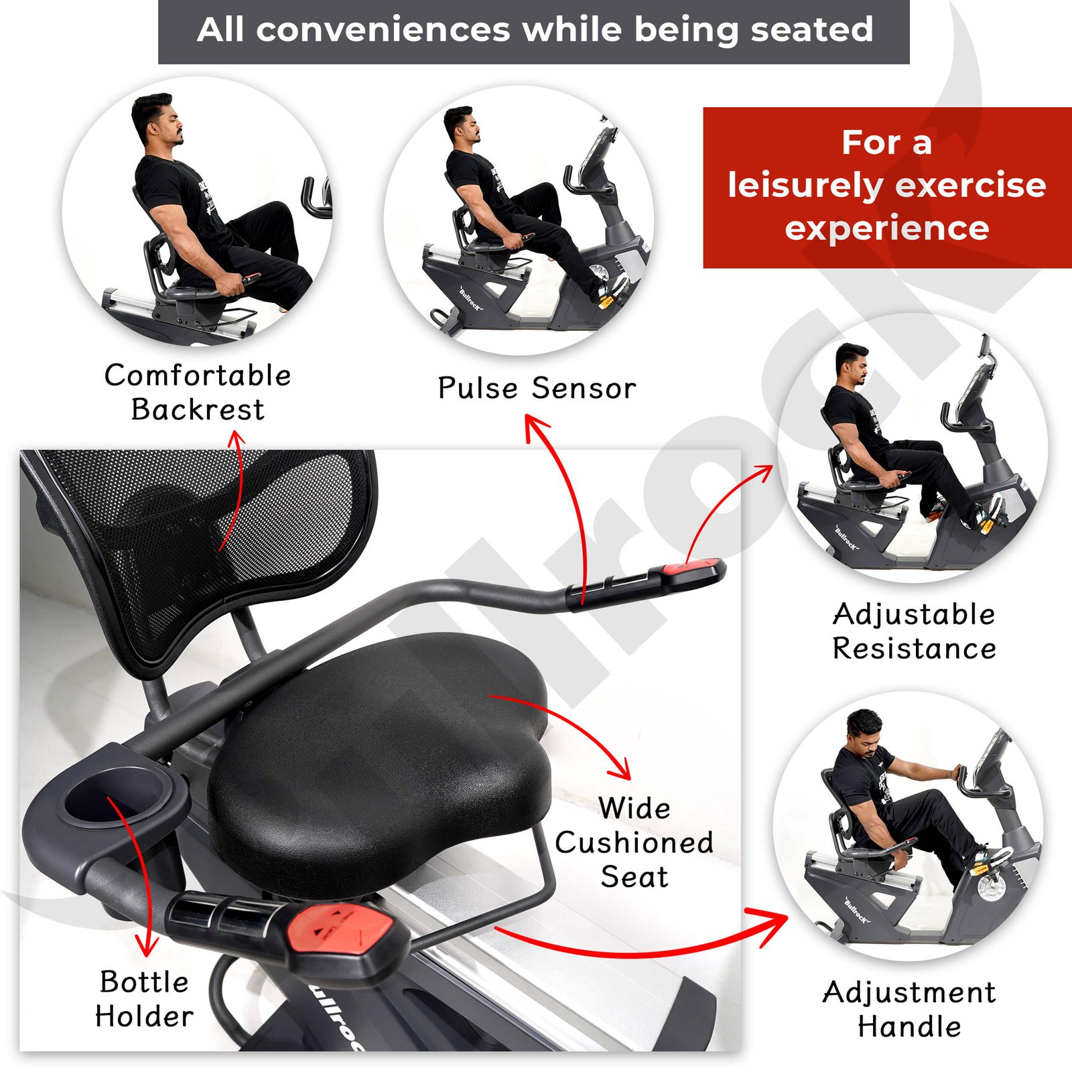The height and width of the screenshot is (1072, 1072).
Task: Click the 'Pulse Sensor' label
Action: click(x=537, y=388)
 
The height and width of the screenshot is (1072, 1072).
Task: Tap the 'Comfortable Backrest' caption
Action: click(x=198, y=392)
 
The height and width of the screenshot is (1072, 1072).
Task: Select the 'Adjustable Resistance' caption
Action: click(x=914, y=631)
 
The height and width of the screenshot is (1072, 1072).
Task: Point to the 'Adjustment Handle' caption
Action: click(x=909, y=1009)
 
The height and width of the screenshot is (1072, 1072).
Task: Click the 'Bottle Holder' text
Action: click(x=144, y=999)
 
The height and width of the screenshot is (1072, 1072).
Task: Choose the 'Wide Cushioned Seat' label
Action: click(x=634, y=842)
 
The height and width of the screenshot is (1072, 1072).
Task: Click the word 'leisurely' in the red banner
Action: click(x=803, y=186)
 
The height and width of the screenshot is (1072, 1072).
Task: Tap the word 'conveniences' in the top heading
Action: click(x=383, y=29)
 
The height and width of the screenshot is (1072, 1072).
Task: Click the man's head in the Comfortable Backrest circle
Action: click(x=156, y=119)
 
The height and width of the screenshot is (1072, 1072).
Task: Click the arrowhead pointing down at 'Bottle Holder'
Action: click(x=147, y=945)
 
